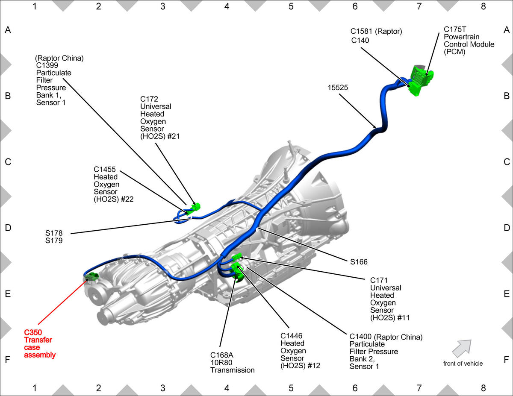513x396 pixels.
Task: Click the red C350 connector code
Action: (33, 332)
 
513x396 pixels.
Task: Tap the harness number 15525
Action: (338, 88)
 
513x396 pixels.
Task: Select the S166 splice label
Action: (359, 262)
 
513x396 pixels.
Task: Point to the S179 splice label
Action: (54, 241)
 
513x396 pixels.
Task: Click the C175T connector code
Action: (455, 29)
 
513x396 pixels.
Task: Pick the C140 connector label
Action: (360, 40)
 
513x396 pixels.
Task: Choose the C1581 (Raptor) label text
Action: (376, 31)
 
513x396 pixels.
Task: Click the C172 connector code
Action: (149, 99)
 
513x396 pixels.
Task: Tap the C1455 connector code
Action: (105, 169)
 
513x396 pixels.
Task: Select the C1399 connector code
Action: (47, 65)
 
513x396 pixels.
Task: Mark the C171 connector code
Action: (379, 280)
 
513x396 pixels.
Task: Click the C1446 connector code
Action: (291, 336)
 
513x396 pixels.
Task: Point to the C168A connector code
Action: (222, 355)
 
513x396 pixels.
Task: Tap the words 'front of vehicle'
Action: (463, 364)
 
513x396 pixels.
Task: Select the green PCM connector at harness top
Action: (422, 80)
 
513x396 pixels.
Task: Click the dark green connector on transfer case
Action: (91, 276)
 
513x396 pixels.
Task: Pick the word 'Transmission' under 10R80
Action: (232, 370)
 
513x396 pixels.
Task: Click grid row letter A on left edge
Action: (8, 30)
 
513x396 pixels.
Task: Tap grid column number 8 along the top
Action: (483, 6)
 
